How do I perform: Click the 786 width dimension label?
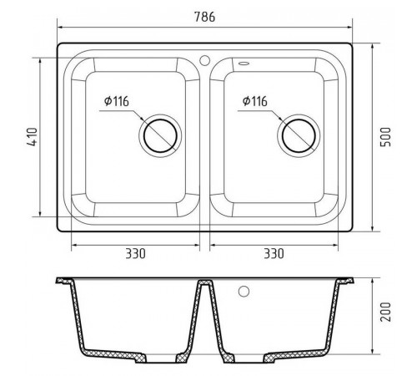[204, 17]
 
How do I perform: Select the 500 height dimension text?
[385, 137]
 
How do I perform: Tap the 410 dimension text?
[33, 137]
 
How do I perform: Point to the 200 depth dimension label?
[385, 312]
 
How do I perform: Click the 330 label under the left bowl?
[135, 254]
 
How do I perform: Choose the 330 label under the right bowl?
[274, 254]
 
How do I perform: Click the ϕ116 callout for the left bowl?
[117, 101]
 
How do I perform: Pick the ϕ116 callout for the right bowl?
[255, 101]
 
